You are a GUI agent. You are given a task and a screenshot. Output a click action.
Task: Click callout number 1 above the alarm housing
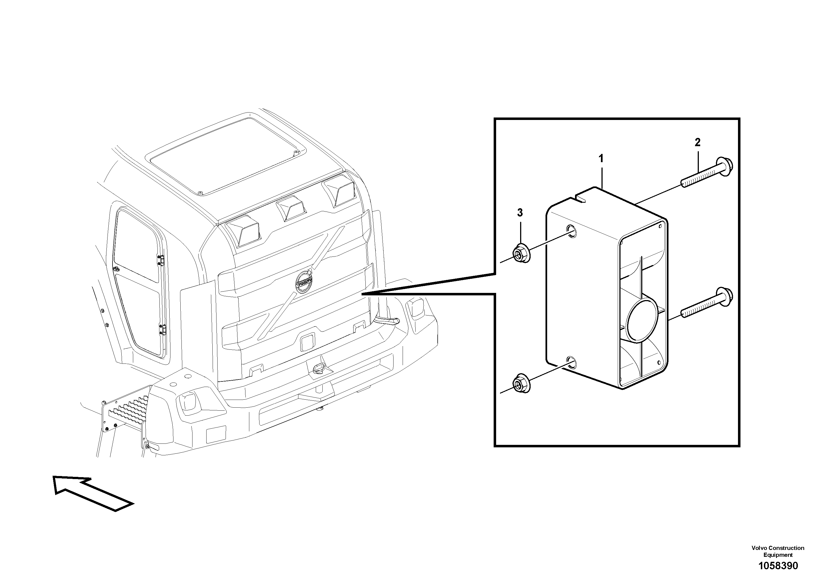[601, 158]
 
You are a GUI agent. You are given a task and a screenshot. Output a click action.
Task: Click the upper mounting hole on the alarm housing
[571, 231]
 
